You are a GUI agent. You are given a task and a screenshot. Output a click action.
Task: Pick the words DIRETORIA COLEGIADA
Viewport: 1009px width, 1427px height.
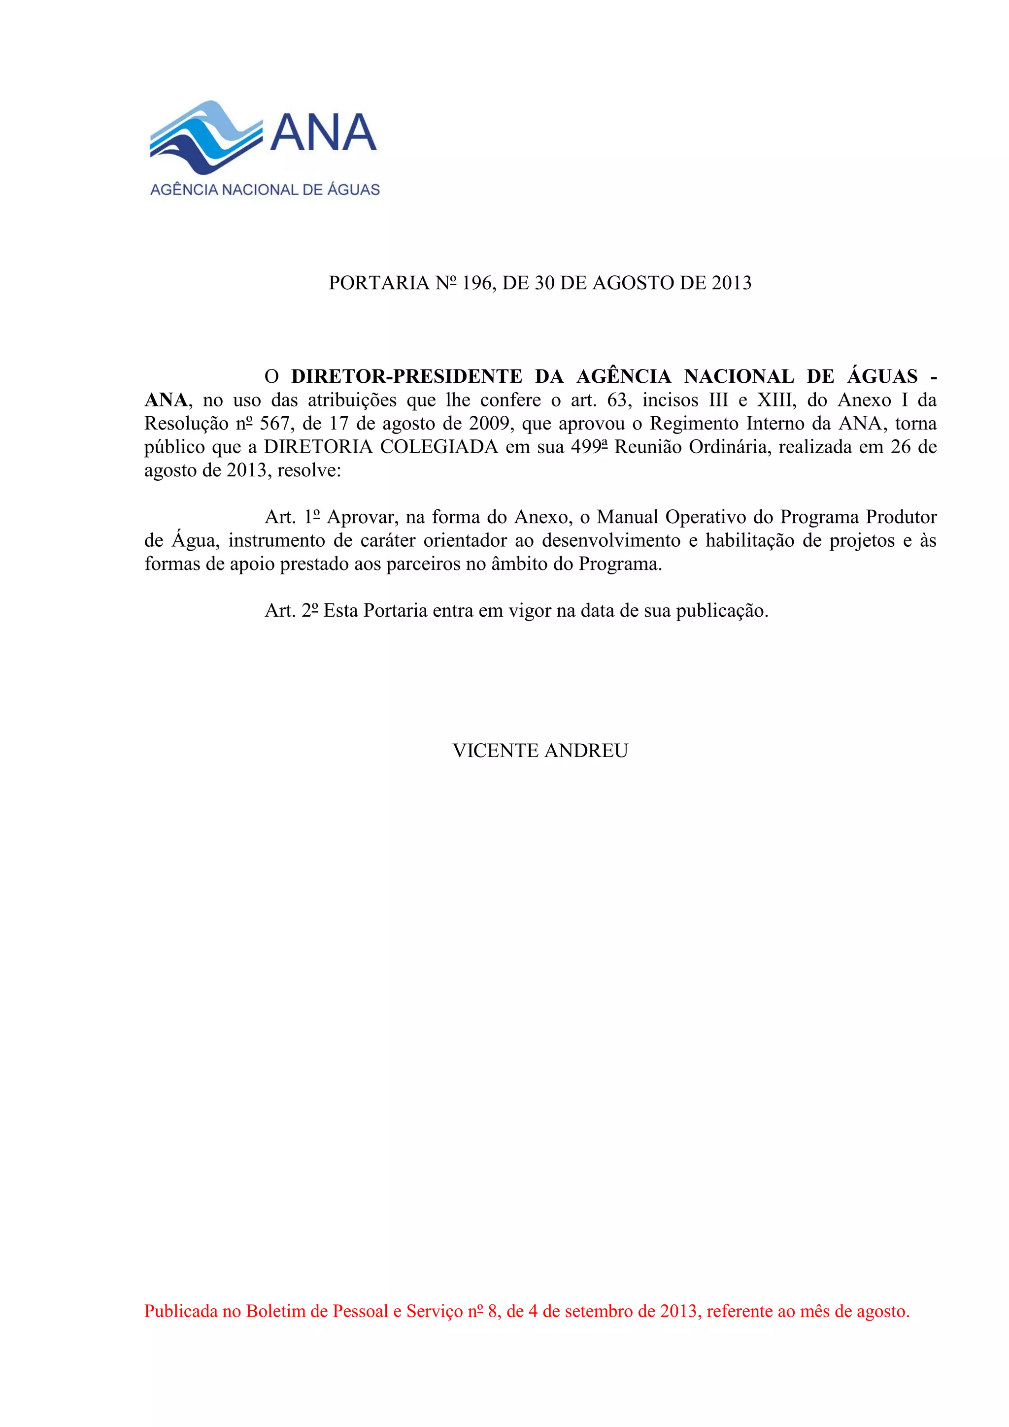point(380,447)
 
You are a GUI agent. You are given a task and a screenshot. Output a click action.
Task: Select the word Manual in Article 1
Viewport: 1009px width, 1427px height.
point(627,517)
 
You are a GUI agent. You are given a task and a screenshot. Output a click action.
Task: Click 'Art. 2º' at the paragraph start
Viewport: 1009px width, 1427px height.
point(292,611)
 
